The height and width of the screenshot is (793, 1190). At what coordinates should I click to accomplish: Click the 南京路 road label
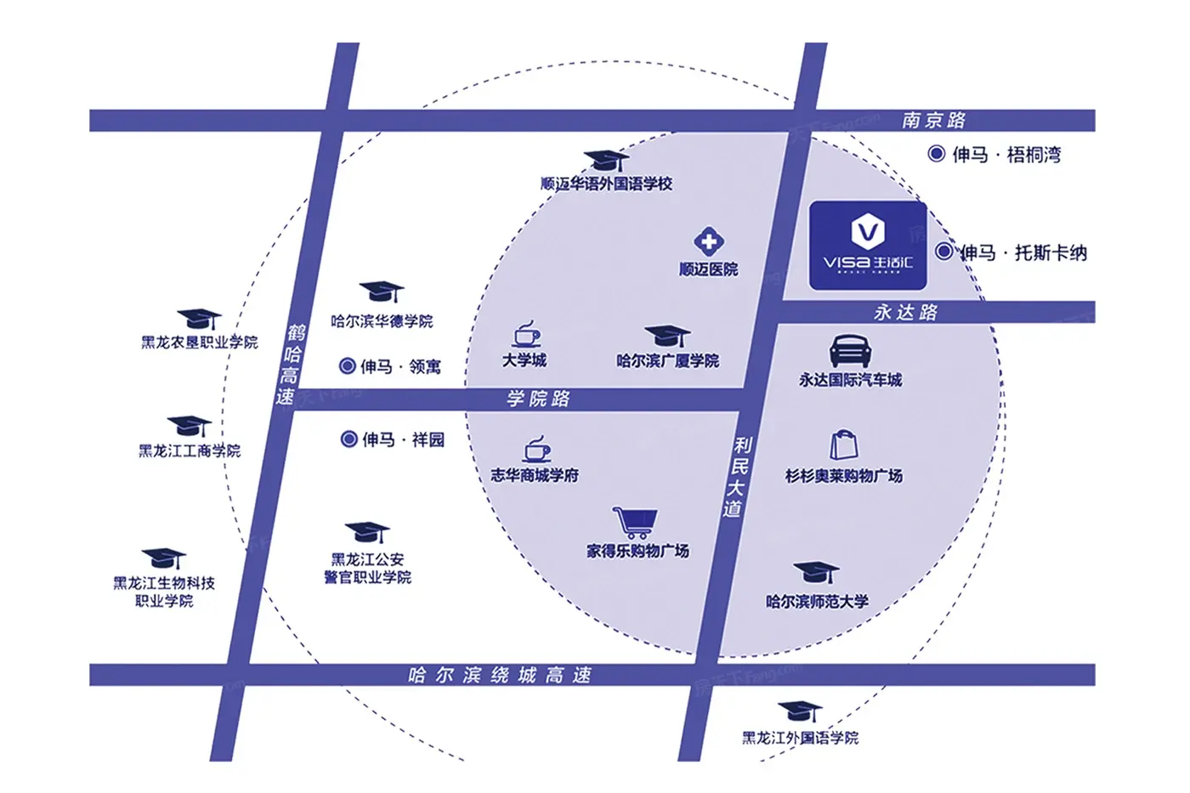933,121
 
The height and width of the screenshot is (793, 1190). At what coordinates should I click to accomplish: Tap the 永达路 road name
906,312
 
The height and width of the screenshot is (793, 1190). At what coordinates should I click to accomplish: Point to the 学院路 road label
538,399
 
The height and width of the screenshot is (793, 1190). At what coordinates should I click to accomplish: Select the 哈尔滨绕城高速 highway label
500,675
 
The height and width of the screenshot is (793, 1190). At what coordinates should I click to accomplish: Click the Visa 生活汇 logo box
868,246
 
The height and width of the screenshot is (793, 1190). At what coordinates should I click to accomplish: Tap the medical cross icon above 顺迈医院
709,241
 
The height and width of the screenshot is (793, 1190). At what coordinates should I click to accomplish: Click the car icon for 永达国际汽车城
850,351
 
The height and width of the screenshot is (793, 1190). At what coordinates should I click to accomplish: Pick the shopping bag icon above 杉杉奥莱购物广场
843,445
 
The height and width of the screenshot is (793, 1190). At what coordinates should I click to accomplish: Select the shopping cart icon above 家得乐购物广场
636,523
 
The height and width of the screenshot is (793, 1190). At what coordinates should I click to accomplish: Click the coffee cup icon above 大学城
526,333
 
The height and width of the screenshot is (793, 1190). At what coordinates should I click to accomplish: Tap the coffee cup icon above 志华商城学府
536,449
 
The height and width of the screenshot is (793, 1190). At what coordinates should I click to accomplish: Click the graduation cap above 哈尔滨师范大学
816,573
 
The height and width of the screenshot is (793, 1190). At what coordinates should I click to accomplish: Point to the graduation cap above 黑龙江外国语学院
800,711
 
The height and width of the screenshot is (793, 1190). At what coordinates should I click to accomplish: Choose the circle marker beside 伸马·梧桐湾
936,154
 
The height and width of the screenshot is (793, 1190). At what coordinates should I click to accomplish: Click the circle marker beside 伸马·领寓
348,366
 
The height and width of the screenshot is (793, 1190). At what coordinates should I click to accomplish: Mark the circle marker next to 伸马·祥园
348,439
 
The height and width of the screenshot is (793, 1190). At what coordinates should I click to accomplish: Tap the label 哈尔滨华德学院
382,321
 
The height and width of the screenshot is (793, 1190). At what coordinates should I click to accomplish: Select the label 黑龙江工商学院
190,451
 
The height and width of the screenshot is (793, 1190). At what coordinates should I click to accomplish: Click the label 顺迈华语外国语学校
606,184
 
